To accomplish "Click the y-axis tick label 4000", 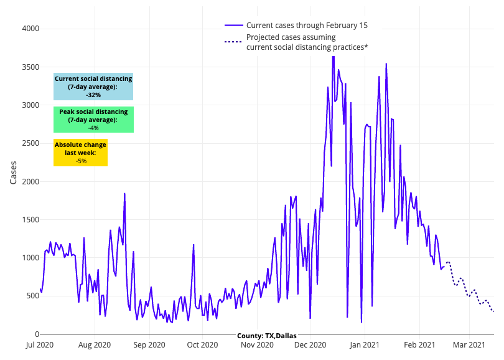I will point(29,29).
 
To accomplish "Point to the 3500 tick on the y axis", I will point(29,67).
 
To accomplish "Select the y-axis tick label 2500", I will point(29,143).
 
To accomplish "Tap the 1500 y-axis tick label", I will point(29,220).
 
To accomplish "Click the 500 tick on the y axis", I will point(31,296).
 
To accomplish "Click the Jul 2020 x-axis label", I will point(40,344).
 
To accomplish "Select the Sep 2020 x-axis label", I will point(149,344).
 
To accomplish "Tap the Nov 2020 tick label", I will point(257,344).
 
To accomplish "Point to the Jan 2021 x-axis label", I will point(364,344).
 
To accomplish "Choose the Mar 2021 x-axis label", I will point(469,344).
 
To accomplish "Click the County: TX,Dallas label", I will point(266,336).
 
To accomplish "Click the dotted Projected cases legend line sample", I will point(233,42).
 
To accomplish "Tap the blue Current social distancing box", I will point(93,87).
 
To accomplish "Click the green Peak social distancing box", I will point(93,119).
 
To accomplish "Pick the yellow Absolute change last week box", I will point(81,152).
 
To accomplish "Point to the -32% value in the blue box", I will point(93,95).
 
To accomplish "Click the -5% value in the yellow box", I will point(81,161).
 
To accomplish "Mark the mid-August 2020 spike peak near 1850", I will point(124,194).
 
